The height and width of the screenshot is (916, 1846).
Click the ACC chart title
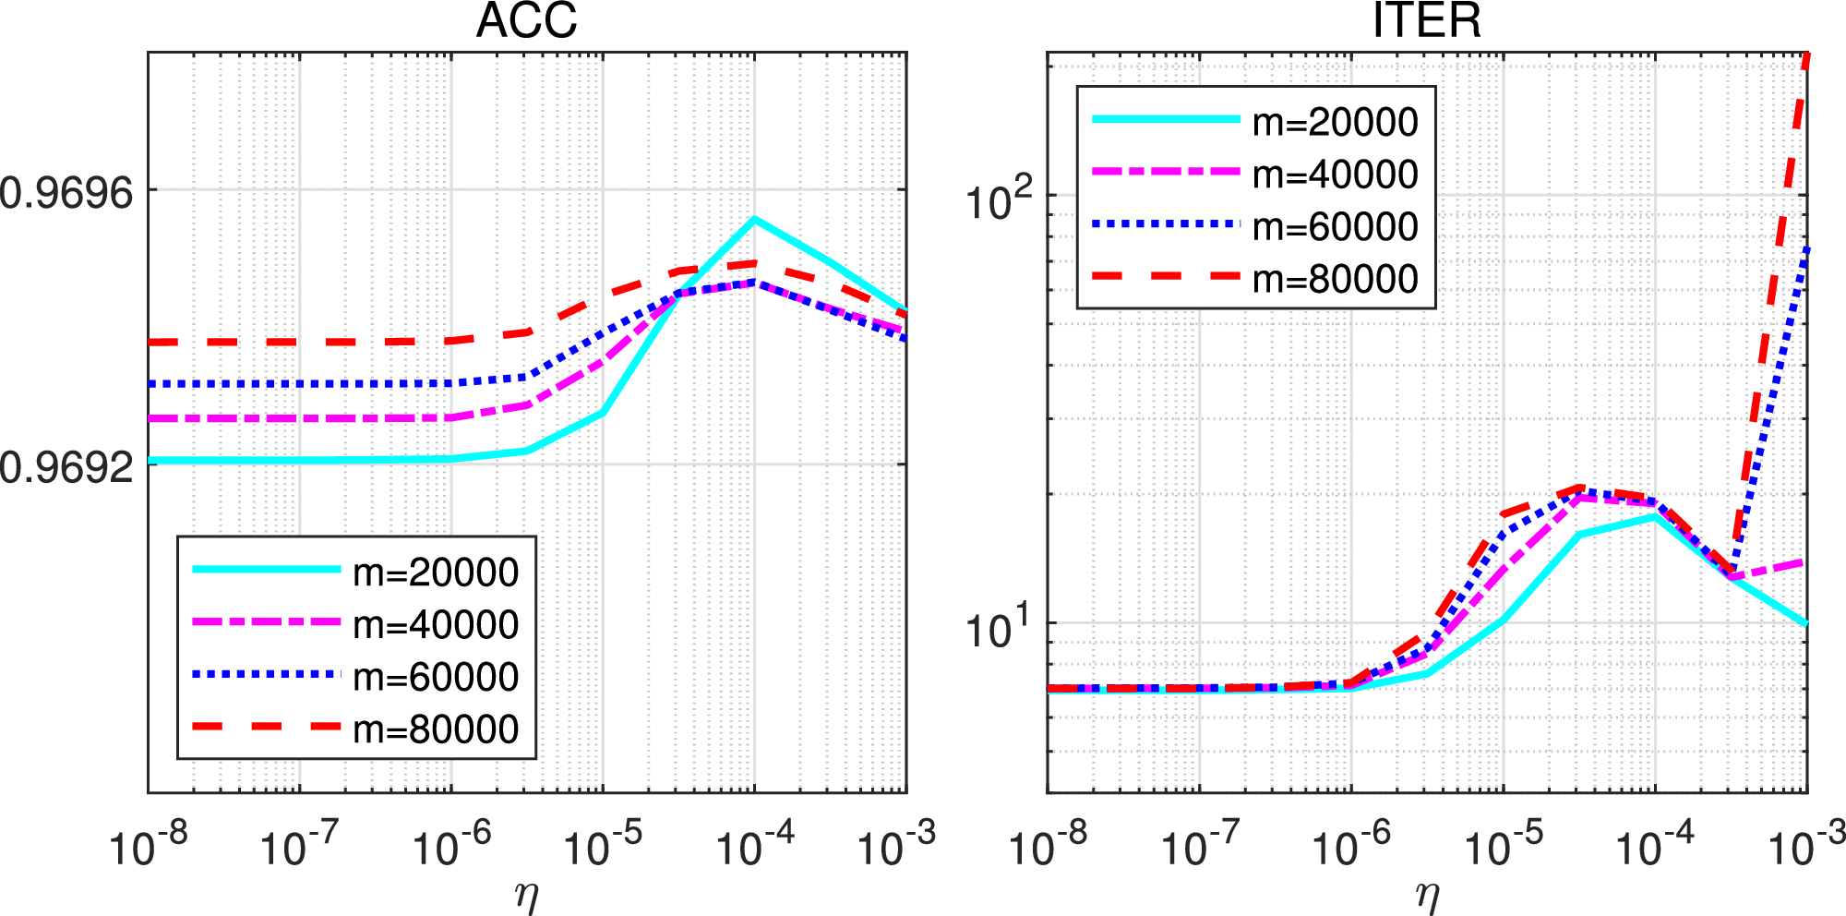click(526, 20)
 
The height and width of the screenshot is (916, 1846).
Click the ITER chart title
click(1426, 20)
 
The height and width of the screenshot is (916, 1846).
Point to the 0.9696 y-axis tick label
click(66, 193)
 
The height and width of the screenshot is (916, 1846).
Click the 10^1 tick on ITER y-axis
click(999, 628)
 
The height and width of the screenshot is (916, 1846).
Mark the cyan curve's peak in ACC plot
click(755, 219)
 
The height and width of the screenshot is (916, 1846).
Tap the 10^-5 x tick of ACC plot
click(603, 845)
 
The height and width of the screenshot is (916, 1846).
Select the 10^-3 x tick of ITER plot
click(1805, 845)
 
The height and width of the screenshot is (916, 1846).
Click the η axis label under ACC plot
click(527, 896)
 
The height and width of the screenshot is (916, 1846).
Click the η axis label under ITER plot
click(1427, 896)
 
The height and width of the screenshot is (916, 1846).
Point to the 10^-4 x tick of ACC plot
click(755, 845)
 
